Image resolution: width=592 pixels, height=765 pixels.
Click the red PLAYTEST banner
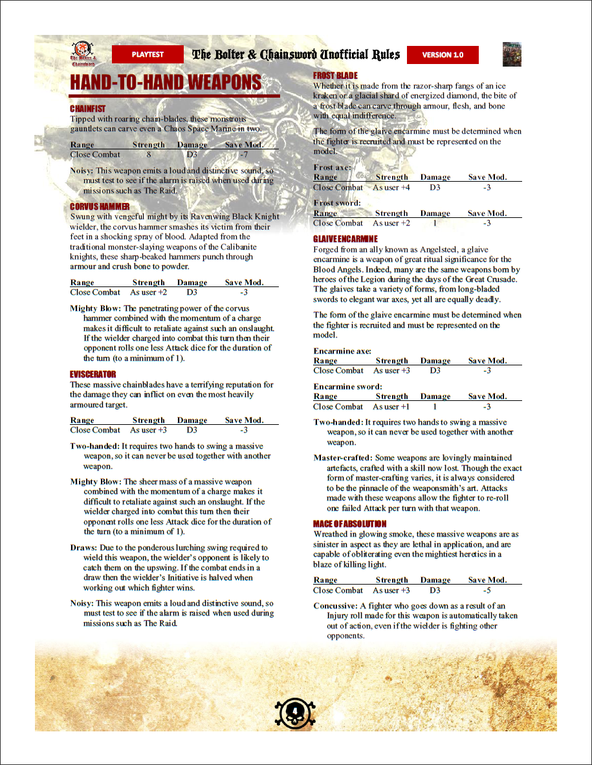click(148, 54)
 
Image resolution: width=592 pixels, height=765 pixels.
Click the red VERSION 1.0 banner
click(443, 55)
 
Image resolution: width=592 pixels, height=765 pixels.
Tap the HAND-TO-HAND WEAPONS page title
click(166, 83)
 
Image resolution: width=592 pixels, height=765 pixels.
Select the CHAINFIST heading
click(87, 109)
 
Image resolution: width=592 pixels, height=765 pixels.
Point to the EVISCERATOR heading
click(93, 374)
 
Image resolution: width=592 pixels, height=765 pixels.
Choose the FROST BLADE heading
click(335, 76)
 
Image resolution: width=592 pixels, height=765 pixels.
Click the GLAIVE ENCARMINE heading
click(345, 239)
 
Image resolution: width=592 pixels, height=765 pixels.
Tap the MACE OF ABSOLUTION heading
click(350, 524)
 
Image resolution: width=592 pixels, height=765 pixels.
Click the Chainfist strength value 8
click(149, 155)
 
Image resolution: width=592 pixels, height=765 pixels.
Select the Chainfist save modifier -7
click(243, 155)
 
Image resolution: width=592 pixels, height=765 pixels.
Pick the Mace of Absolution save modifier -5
click(487, 590)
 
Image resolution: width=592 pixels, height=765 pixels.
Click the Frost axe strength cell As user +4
click(391, 188)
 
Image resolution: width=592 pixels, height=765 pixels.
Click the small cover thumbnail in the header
click(512, 55)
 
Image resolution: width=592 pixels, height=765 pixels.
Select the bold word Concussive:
click(335, 606)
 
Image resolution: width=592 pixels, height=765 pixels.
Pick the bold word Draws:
click(83, 548)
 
